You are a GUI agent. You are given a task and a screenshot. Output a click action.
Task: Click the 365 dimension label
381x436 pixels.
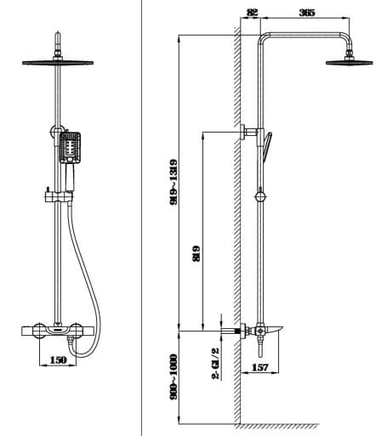click(x=307, y=11)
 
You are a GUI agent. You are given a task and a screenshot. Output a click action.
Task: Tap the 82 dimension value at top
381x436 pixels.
click(x=251, y=11)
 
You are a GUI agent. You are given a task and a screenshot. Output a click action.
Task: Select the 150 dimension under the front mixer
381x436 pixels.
click(x=57, y=360)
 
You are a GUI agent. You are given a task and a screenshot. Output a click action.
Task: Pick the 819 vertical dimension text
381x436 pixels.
click(x=195, y=252)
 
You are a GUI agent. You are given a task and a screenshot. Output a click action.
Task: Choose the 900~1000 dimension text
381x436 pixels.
click(x=173, y=379)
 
